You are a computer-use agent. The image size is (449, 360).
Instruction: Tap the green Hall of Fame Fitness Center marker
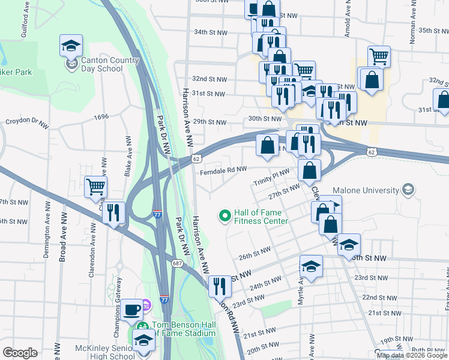tap(225, 215)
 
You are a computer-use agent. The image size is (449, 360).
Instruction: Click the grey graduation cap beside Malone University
tap(408, 190)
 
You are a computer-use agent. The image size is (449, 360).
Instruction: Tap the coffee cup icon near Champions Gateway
tap(132, 310)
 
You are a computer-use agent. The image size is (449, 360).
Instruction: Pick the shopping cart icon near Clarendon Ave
tap(96, 187)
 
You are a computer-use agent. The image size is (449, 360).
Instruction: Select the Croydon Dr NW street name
tap(26, 123)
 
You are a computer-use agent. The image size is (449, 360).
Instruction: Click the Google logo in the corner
tap(20, 353)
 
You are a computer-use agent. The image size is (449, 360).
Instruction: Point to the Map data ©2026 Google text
tap(412, 355)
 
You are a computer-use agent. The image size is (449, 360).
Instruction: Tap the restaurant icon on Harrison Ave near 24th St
tap(220, 286)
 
